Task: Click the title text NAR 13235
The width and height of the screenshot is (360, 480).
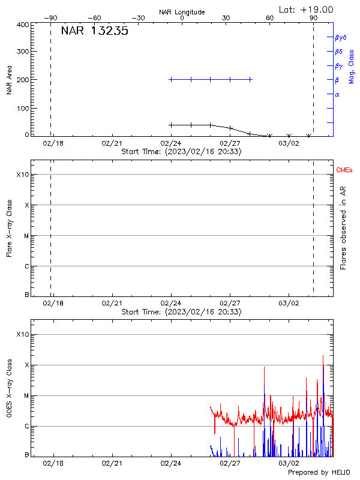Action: [94, 32]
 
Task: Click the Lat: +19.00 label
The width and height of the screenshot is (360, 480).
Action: [307, 10]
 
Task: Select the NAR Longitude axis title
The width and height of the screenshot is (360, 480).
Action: [182, 12]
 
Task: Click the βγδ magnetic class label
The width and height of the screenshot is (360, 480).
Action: [340, 37]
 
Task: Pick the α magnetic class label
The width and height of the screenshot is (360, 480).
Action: [337, 94]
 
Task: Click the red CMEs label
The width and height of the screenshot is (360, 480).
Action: [344, 171]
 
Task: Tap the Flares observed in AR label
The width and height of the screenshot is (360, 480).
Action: [343, 227]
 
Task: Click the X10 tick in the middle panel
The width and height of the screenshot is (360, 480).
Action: [22, 175]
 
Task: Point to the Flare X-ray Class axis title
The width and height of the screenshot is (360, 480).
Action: [9, 227]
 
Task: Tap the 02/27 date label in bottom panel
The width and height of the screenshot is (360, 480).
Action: [230, 463]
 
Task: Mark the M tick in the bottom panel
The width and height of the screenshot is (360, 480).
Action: [26, 396]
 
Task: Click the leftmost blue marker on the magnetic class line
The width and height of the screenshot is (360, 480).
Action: [171, 79]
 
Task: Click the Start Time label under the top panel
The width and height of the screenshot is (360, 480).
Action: [181, 152]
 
